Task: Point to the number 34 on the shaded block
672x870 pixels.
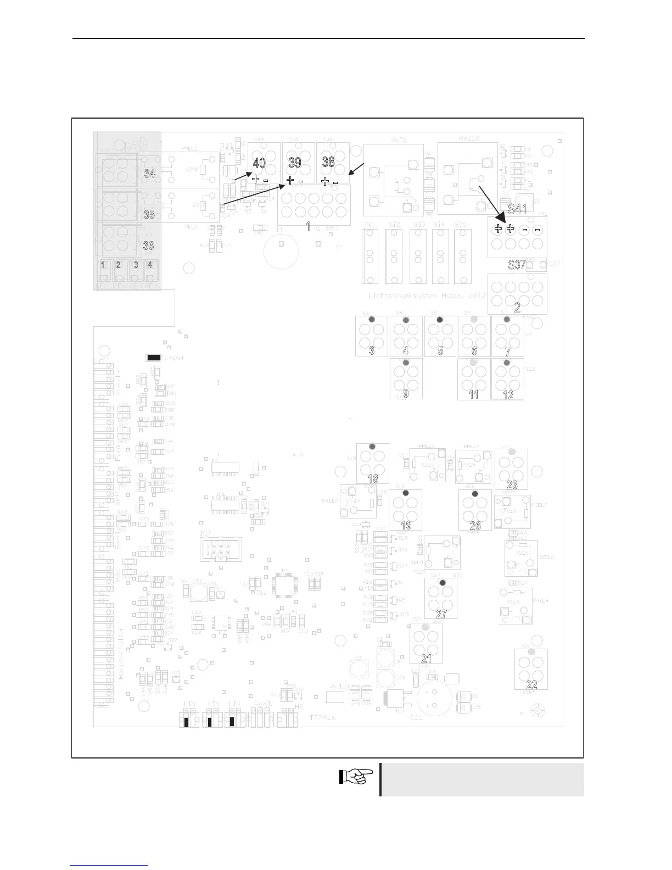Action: (149, 174)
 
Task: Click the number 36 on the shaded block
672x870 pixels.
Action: (148, 245)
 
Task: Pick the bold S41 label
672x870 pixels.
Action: (517, 209)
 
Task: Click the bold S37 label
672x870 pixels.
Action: (517, 264)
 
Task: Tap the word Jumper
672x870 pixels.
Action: (174, 358)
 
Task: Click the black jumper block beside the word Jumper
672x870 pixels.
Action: (154, 358)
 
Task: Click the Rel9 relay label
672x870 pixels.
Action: (399, 140)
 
